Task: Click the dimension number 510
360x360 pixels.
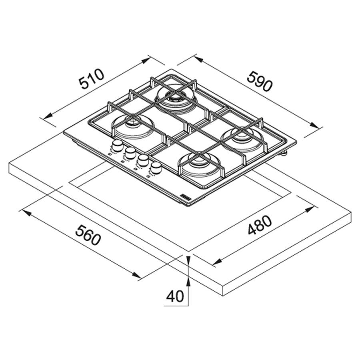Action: (91, 79)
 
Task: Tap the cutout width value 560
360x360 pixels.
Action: (88, 235)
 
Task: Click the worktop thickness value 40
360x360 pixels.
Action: (175, 296)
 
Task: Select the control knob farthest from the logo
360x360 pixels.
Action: (117, 145)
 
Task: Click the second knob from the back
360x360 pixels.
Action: (130, 152)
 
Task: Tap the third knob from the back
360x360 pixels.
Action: (143, 160)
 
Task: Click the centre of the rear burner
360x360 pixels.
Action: (176, 98)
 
